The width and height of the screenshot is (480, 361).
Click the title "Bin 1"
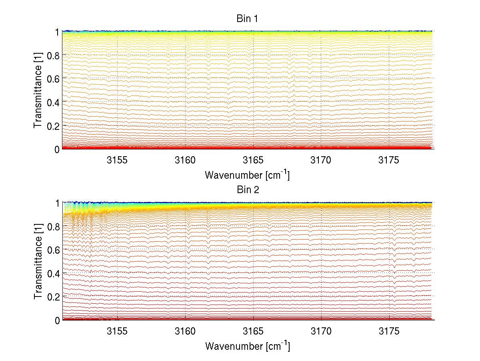tap(248, 18)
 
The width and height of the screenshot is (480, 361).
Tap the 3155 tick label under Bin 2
tap(117, 332)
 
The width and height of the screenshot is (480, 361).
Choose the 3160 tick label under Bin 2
tap(185, 332)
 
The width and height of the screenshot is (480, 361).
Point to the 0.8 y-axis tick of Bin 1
tap(54, 55)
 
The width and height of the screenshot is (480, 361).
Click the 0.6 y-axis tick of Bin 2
tap(54, 250)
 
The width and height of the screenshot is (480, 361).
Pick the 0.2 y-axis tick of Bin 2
tap(54, 296)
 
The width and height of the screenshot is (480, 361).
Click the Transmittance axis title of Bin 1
tap(38, 90)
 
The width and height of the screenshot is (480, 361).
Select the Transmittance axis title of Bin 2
tap(38, 261)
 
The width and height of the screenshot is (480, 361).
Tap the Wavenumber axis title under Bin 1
tap(247, 175)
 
